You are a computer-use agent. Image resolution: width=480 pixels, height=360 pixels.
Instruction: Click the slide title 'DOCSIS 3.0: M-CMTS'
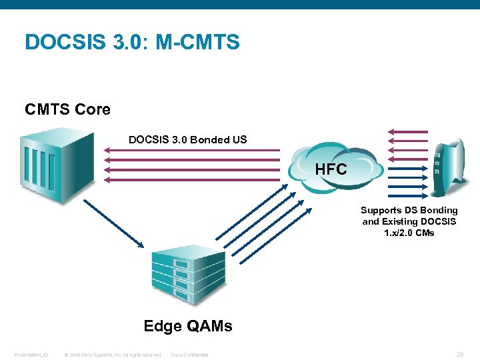[x=132, y=43]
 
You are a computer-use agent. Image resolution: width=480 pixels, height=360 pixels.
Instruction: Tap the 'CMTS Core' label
[x=67, y=109]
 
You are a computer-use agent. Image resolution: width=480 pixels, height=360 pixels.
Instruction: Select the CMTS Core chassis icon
[x=56, y=163]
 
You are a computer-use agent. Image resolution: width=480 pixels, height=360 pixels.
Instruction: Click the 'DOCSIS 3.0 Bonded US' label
[x=187, y=139]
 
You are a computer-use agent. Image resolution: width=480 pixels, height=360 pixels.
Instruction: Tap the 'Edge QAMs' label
[x=188, y=326]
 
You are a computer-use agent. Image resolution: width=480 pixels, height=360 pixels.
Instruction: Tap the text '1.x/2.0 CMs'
[x=409, y=233]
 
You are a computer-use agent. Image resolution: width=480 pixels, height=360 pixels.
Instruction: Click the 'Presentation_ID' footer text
[x=31, y=355]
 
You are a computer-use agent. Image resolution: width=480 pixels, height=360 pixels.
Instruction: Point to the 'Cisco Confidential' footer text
[x=190, y=355]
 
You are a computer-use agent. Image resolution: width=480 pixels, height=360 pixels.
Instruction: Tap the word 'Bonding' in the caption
[x=439, y=211]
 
